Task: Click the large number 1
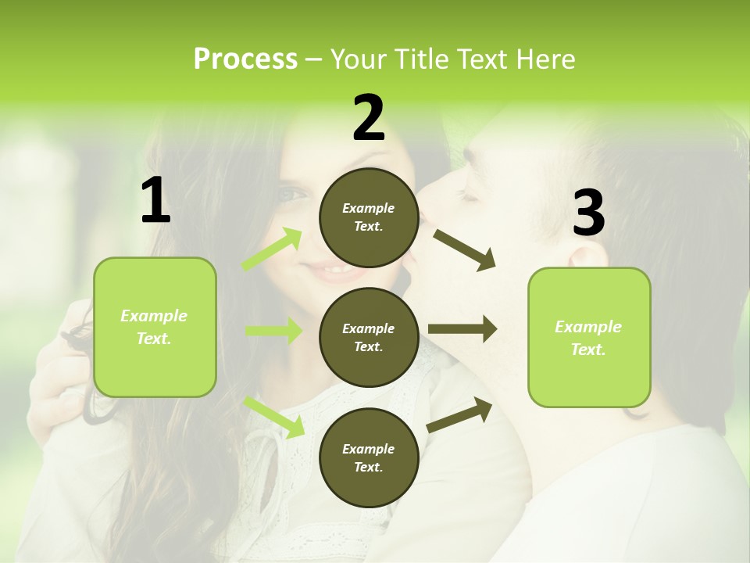click(155, 200)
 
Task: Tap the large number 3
click(588, 213)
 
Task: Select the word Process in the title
click(245, 59)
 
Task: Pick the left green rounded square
click(155, 327)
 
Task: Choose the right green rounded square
click(589, 337)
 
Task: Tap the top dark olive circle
click(369, 217)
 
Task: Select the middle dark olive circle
click(369, 337)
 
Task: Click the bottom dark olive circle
click(369, 457)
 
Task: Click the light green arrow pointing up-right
click(273, 249)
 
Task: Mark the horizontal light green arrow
click(273, 331)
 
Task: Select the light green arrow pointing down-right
click(274, 417)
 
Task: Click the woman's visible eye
click(293, 193)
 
